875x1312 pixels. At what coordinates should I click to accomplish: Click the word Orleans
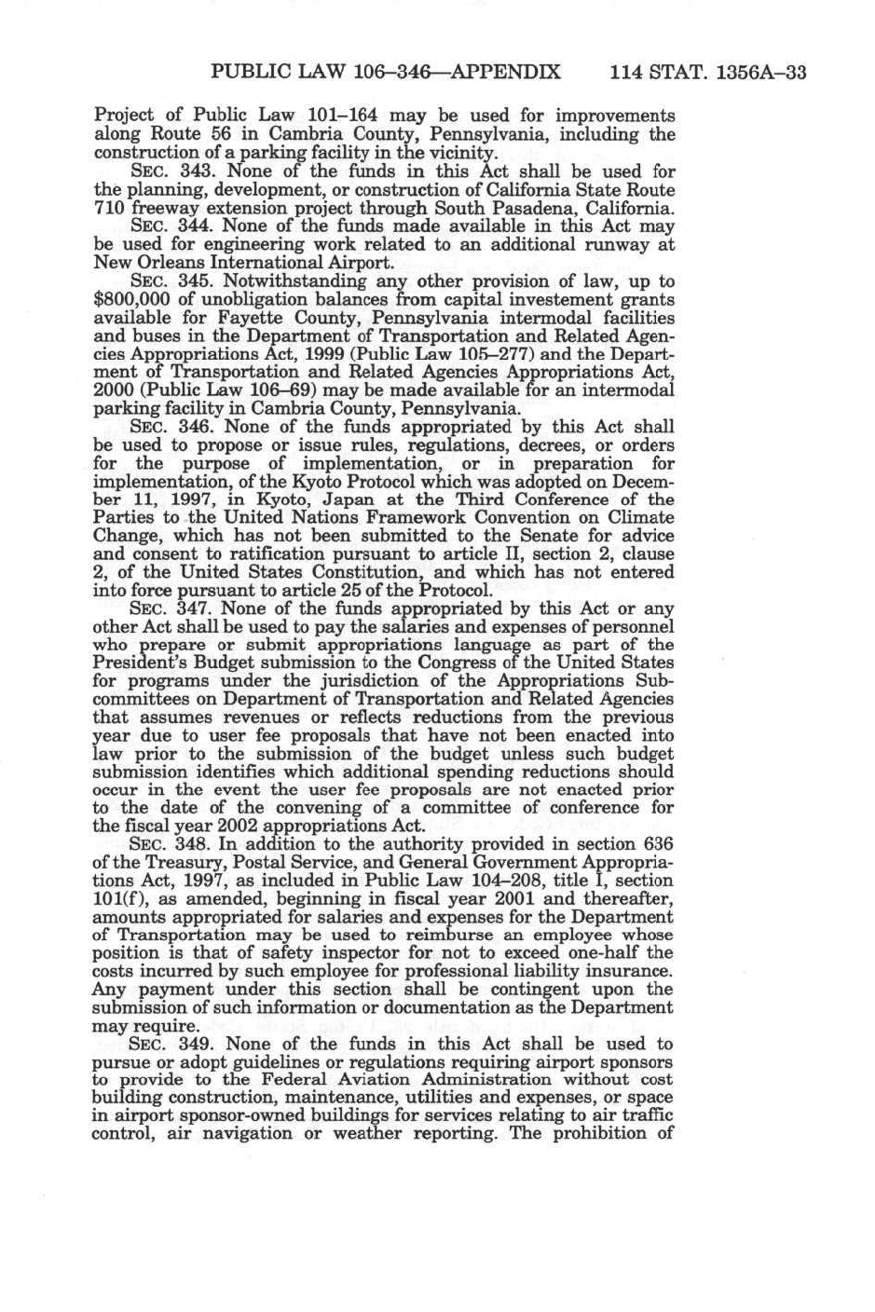click(162, 263)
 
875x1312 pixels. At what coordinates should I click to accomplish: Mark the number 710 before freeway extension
click(111, 208)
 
